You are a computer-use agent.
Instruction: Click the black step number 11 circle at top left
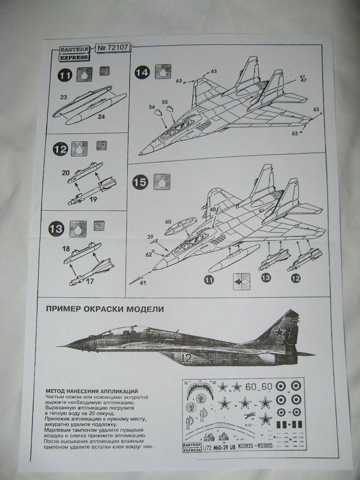66,76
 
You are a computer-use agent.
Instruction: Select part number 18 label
66,249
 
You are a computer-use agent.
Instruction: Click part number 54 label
151,107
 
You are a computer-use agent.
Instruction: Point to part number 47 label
303,81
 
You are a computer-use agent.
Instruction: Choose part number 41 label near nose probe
143,283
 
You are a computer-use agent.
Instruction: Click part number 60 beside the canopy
167,221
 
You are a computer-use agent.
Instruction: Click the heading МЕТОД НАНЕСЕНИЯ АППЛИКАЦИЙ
92,391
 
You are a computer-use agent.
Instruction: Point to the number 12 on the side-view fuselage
186,358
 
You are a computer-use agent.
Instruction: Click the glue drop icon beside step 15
161,181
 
